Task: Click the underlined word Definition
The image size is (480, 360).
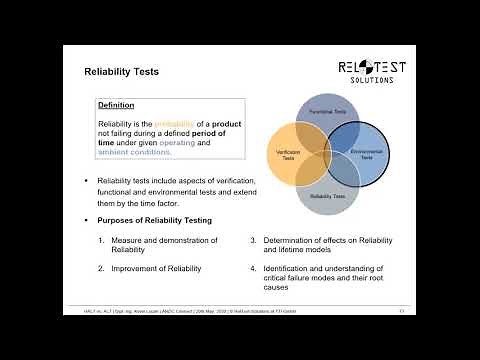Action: pos(116,105)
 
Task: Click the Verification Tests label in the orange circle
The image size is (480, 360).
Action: pos(288,155)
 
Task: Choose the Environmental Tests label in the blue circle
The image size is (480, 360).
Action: pos(361,156)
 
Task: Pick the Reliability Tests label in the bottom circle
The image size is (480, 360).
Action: pos(327,197)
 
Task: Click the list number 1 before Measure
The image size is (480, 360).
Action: pos(102,241)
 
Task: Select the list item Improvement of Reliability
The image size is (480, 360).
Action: pos(156,269)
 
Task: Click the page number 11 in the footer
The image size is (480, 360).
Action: pos(400,312)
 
